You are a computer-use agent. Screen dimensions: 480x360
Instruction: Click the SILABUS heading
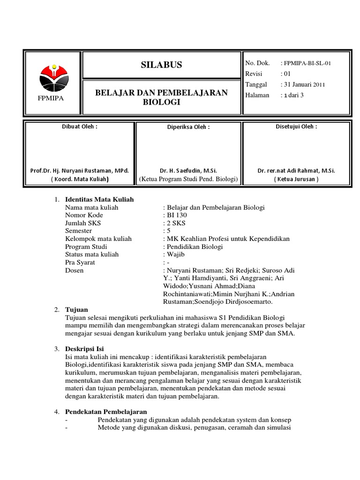point(162,65)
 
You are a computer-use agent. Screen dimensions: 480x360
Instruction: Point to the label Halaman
point(257,95)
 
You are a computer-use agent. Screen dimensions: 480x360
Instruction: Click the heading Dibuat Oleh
point(80,127)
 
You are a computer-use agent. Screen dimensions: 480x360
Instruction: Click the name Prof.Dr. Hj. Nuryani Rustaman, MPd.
point(80,172)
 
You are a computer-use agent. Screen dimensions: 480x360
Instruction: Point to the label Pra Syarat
point(80,262)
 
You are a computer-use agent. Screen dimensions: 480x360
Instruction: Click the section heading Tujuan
point(76,310)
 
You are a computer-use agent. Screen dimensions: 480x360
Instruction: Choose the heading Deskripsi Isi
point(85,349)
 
